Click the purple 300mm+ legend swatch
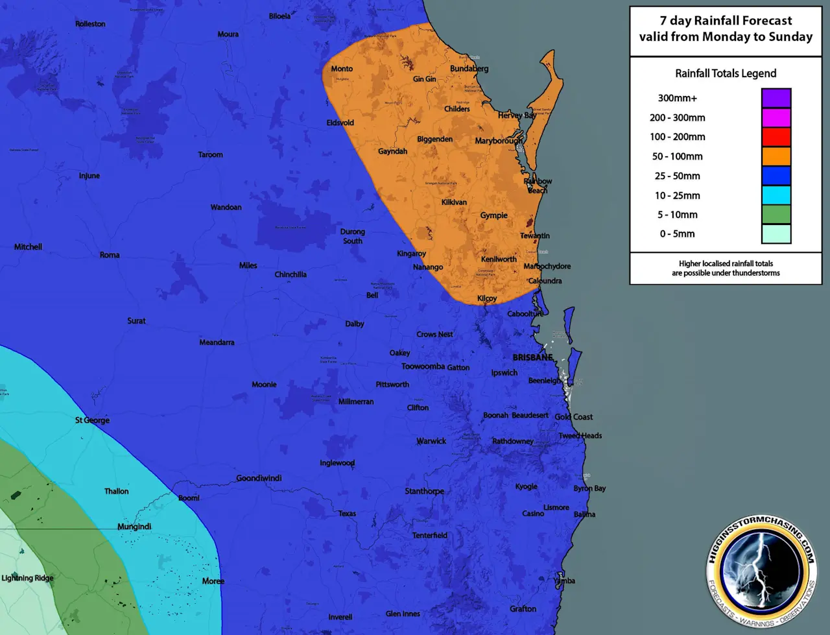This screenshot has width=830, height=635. pyautogui.click(x=776, y=98)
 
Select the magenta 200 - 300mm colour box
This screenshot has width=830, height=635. pyautogui.click(x=776, y=117)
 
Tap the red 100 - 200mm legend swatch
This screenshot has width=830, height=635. pyautogui.click(x=776, y=137)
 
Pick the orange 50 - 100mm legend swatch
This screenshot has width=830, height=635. pyautogui.click(x=776, y=156)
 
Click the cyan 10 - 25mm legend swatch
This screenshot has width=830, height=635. pyautogui.click(x=776, y=195)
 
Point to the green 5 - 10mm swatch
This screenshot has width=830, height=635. pyautogui.click(x=776, y=215)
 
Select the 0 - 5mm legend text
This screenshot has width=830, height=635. pyautogui.click(x=677, y=234)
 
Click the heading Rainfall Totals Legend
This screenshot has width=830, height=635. pyautogui.click(x=726, y=73)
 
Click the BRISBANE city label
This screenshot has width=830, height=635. pyautogui.click(x=532, y=357)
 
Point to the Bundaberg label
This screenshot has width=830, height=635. pyautogui.click(x=469, y=69)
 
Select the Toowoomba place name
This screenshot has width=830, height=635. pyautogui.click(x=423, y=366)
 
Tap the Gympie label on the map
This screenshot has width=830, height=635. pyautogui.click(x=493, y=215)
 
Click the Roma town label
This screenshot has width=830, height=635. pyautogui.click(x=110, y=255)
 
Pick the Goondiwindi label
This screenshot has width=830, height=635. pyautogui.click(x=259, y=478)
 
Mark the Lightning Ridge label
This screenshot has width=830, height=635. pyautogui.click(x=27, y=578)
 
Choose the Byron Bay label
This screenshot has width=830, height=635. pyautogui.click(x=589, y=488)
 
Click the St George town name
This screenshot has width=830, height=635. pyautogui.click(x=92, y=420)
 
